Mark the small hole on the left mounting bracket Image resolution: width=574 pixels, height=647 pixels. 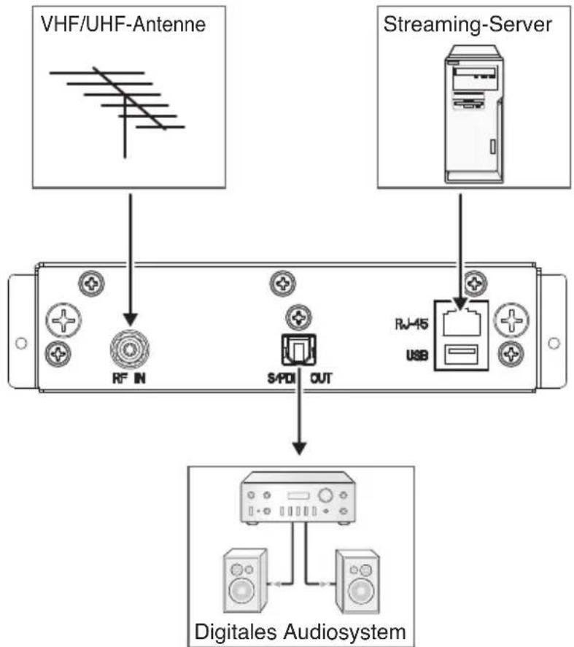pos(20,342)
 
